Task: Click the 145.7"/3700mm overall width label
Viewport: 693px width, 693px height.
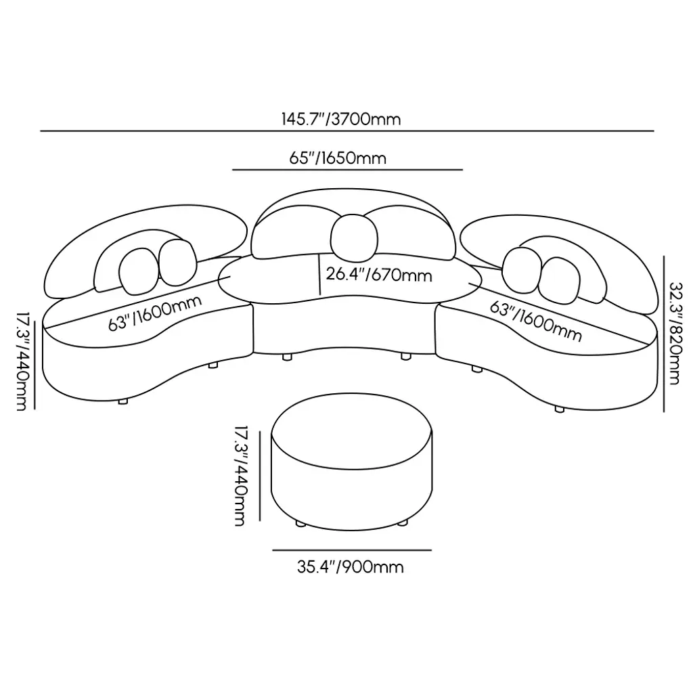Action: [341, 120]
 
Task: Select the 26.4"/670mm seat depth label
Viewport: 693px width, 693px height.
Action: [378, 275]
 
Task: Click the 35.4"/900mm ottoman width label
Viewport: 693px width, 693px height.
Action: [350, 566]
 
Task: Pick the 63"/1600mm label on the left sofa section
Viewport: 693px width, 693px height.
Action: [156, 313]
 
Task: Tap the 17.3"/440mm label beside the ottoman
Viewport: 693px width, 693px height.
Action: [240, 476]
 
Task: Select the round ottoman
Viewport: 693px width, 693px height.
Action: [351, 467]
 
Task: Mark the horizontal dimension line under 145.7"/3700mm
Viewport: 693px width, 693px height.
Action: [346, 131]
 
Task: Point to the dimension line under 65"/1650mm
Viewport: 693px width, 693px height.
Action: [347, 169]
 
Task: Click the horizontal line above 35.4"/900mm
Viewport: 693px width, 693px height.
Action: [351, 550]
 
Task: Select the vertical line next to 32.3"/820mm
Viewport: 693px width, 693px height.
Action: [664, 333]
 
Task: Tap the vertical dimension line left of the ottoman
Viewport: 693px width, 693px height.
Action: [259, 476]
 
